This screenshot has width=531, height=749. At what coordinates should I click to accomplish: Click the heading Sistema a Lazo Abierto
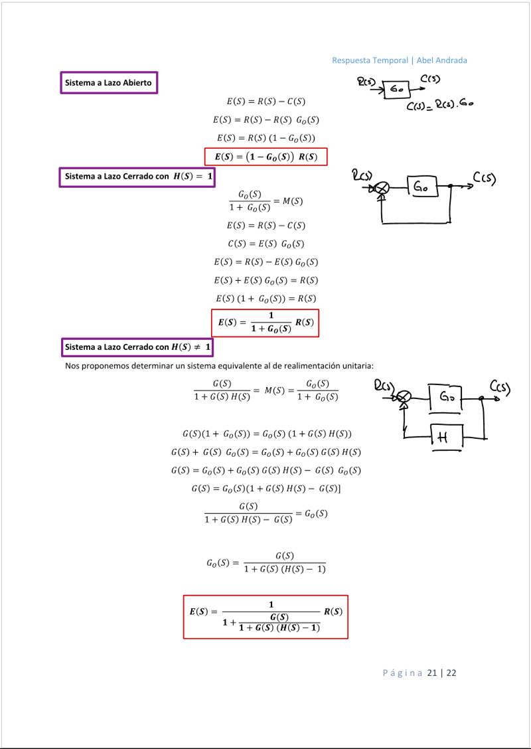point(108,83)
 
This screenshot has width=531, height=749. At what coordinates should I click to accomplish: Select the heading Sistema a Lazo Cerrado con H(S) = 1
point(138,177)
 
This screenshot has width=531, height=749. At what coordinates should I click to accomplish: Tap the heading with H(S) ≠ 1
point(138,347)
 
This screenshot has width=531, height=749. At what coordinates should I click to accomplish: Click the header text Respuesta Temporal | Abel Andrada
point(400,60)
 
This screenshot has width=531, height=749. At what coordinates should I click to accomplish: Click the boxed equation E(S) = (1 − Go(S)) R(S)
point(265,157)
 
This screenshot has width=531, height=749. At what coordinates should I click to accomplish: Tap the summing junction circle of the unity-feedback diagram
point(382,188)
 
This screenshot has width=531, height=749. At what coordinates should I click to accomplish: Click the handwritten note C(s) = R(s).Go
point(439,104)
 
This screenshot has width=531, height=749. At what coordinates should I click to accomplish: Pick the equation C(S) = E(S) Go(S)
point(265,244)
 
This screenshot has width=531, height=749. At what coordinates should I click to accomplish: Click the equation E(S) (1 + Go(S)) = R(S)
point(265,298)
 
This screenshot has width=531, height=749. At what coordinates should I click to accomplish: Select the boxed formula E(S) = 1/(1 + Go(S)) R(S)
point(265,323)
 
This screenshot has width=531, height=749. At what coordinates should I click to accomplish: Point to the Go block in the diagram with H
point(445,399)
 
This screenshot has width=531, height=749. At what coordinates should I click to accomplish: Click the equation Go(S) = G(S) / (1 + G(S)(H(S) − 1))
point(265,562)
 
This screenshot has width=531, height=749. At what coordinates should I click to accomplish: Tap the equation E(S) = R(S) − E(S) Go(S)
point(265,262)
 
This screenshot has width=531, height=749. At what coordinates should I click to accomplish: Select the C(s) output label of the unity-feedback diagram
point(485,179)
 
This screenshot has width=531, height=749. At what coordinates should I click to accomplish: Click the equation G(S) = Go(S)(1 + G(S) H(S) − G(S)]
point(265,489)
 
